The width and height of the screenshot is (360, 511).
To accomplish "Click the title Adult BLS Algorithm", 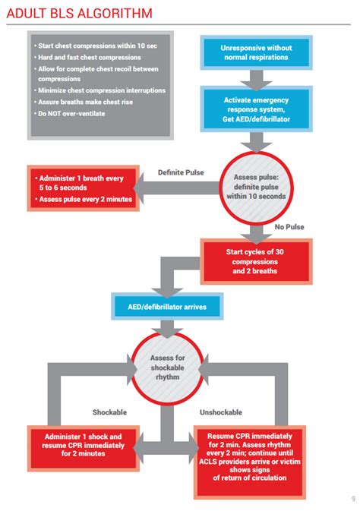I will point(79,13).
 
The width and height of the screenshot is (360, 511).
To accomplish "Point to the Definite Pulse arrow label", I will point(181,172).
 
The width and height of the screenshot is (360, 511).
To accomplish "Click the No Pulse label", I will point(289,226).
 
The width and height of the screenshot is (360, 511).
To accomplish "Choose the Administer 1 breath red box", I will point(81,189).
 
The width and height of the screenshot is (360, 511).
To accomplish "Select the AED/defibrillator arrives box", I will point(168,308).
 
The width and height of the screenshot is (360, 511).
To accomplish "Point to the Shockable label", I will point(109,412).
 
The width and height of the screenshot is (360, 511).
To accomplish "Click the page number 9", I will point(352,498).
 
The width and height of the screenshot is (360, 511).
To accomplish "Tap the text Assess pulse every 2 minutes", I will point(85,200).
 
